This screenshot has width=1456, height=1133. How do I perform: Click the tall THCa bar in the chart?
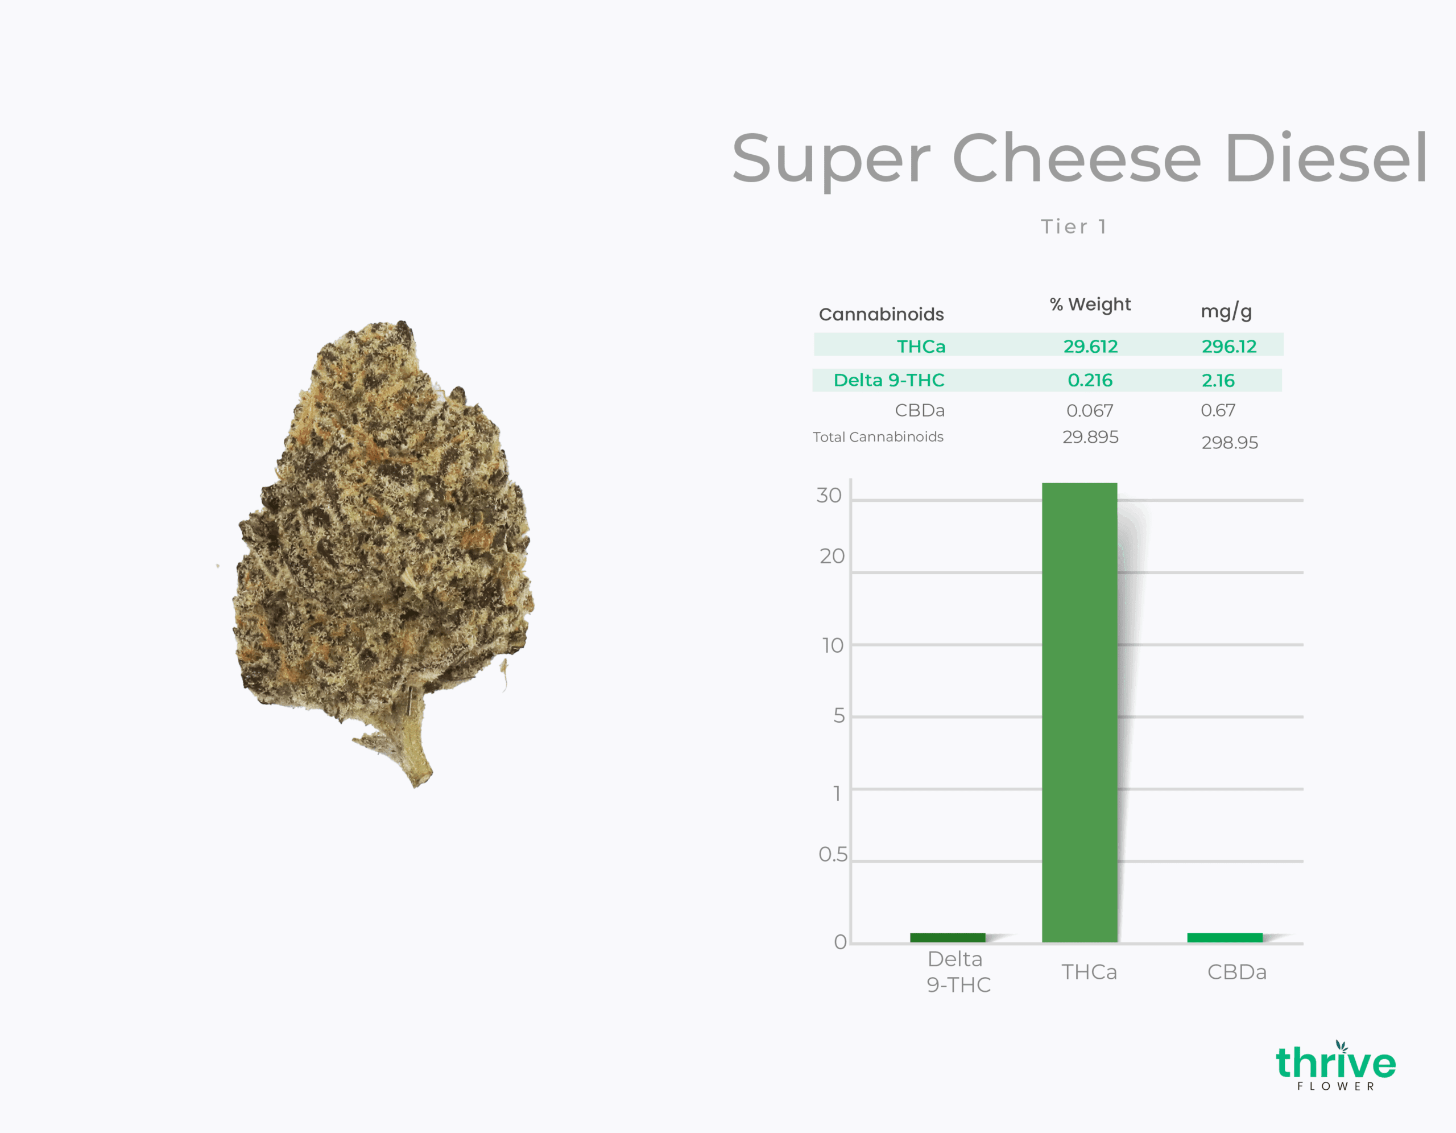point(1079,712)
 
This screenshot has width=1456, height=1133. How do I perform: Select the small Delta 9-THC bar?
point(948,938)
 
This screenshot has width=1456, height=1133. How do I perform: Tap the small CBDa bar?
point(1225,938)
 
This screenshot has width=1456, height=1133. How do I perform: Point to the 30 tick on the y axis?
point(829,496)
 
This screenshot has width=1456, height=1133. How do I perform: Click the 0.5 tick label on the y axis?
point(833,854)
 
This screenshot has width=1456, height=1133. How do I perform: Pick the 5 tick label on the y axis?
point(839,715)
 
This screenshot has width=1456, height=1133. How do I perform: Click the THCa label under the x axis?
point(1089,971)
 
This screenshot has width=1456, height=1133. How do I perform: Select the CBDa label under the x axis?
point(1236,971)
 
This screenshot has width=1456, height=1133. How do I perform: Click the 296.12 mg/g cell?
point(1228,346)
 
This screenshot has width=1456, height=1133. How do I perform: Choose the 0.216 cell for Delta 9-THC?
point(1090,380)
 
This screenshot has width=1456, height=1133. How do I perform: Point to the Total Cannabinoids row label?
point(878,437)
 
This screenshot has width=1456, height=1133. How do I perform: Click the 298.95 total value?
point(1229,443)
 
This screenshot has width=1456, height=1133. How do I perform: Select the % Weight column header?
point(1090,305)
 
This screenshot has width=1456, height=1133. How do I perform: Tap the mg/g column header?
point(1226,311)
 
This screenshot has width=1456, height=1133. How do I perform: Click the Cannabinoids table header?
point(882,314)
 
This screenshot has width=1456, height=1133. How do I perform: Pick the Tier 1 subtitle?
point(1074,226)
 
